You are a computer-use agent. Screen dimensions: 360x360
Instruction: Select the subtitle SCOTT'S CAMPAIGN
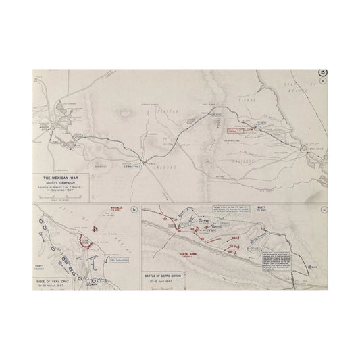[57, 184]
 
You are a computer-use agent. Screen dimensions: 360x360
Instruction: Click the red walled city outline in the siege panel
[86, 241]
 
